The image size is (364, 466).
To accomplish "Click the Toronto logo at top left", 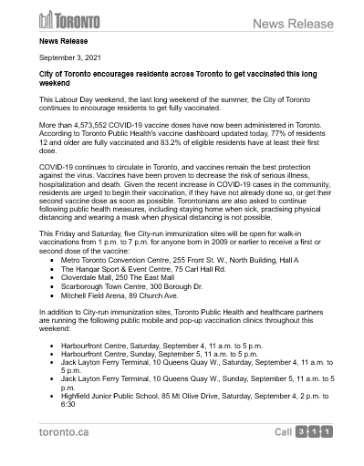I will point(69,20).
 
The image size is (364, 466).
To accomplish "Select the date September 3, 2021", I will point(68,57).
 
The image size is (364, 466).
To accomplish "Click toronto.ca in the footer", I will point(64,430).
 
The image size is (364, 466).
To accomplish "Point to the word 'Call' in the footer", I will point(284,430).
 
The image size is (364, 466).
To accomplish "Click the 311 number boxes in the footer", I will point(314,430).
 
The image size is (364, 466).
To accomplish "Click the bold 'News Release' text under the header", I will point(63,41).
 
